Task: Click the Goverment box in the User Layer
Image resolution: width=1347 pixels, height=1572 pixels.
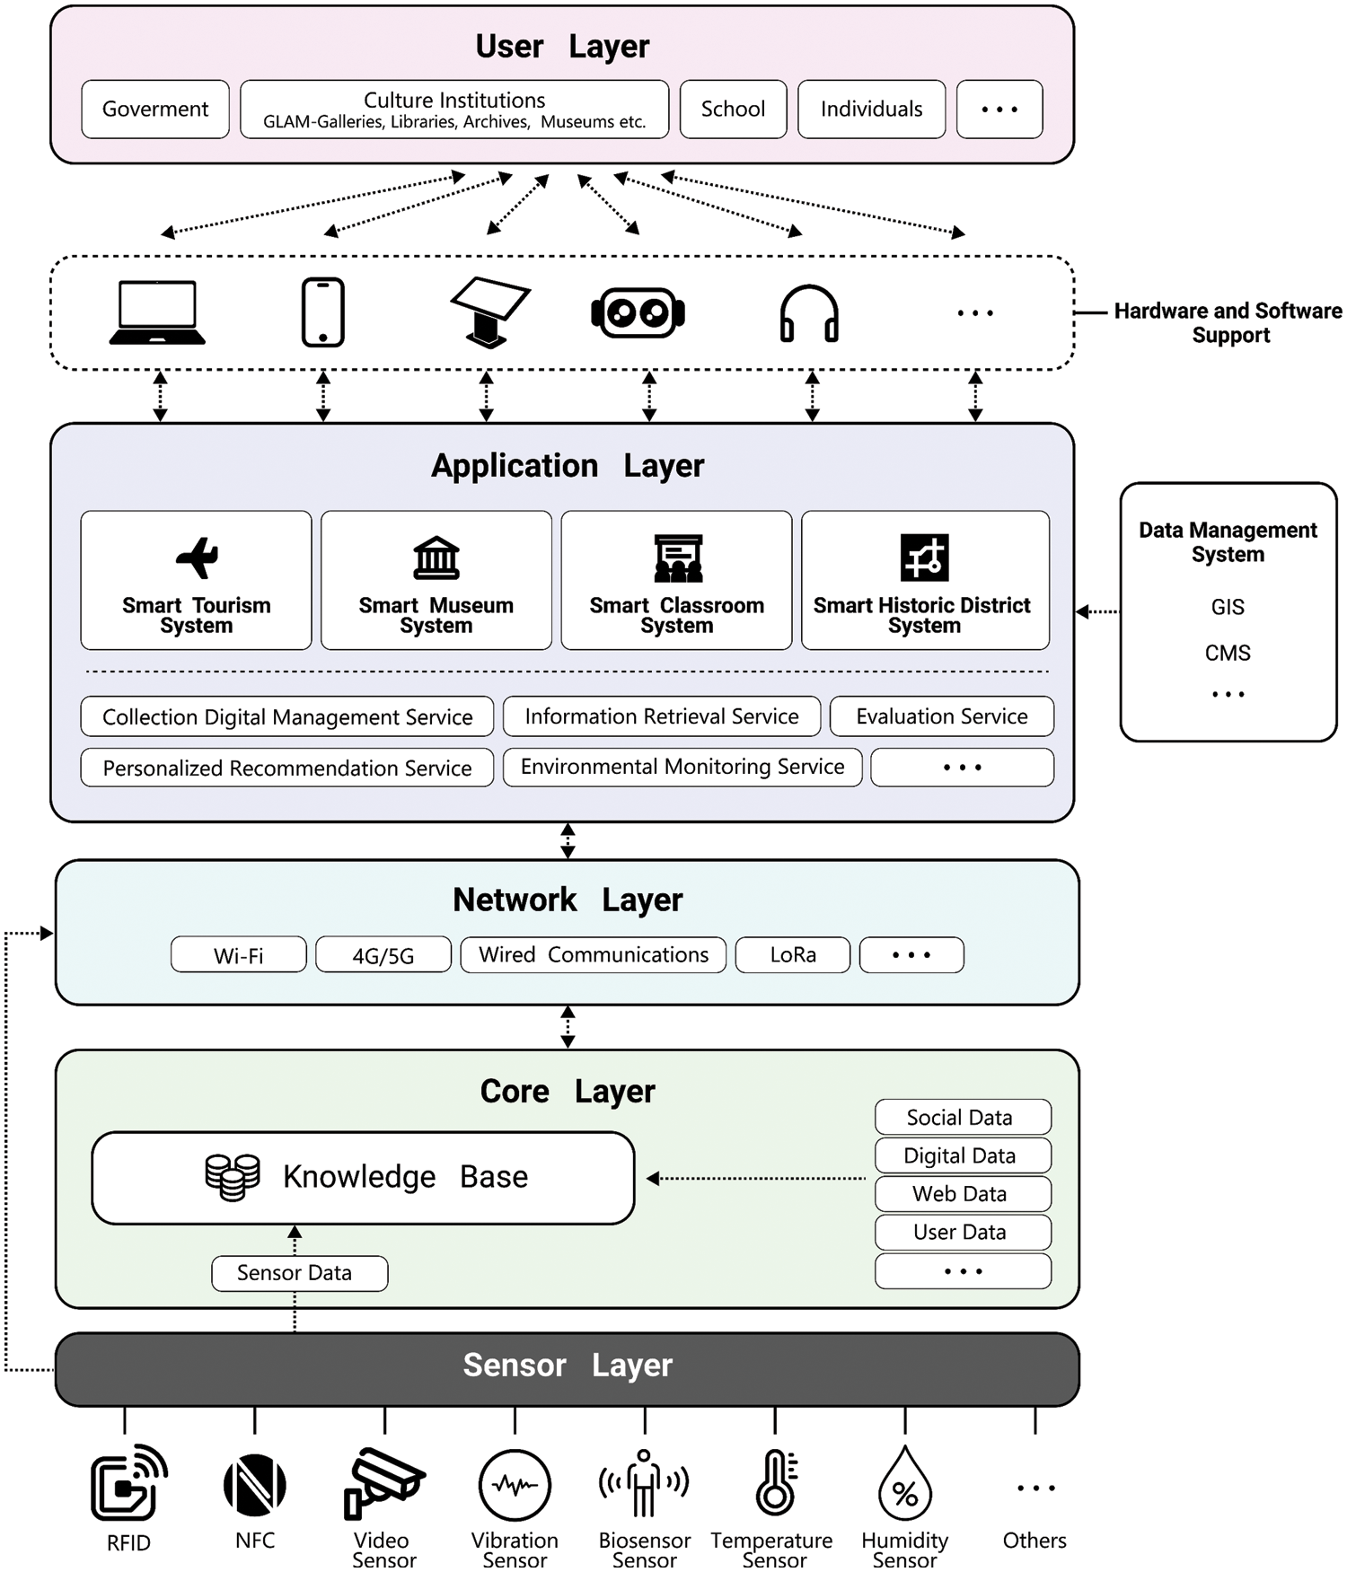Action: coord(155,110)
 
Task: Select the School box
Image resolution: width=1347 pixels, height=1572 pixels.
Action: coord(733,110)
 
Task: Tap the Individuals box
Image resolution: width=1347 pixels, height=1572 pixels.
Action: coord(871,110)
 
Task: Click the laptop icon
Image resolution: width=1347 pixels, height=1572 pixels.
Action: coord(157,312)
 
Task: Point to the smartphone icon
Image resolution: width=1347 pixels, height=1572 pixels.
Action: coord(322,312)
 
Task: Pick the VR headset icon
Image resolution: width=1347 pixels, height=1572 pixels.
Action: coord(638,312)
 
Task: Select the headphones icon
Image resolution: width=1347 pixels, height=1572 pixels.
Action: coord(809,314)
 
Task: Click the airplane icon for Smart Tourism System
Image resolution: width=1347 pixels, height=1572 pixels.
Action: coord(198,558)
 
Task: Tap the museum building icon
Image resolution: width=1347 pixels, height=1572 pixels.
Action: coord(436,558)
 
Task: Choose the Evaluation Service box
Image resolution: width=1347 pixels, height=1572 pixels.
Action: coord(941,716)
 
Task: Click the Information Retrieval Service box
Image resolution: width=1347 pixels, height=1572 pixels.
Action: coord(662,716)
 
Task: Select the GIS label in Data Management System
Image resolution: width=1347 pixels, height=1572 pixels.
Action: coord(1228,608)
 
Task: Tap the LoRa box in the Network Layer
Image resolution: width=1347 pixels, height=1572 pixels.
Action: coord(793,955)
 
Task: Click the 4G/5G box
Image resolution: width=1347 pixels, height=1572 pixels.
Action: coord(383,955)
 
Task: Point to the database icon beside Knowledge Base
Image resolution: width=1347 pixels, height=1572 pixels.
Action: coord(233,1177)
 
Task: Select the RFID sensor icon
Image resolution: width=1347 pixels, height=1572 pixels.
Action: coord(129,1483)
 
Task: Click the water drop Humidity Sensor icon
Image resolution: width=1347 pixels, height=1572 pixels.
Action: coord(905,1484)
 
